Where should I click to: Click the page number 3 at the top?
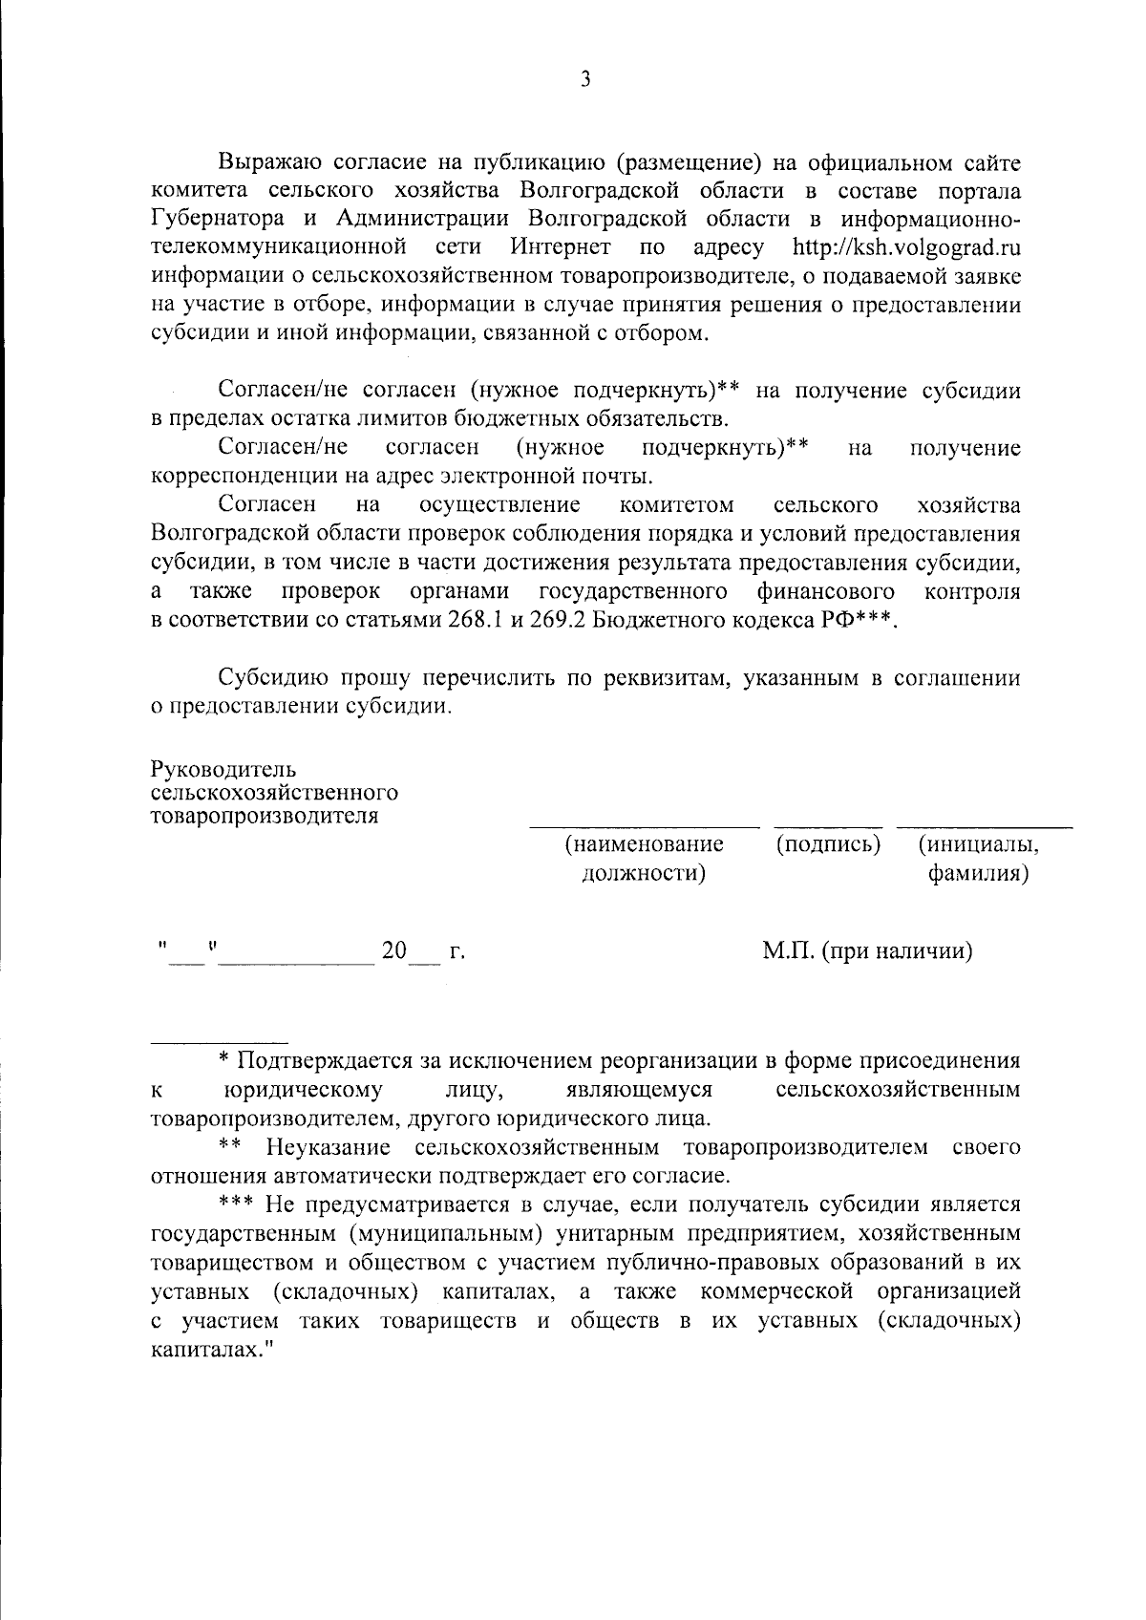585,80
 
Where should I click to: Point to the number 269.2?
558,620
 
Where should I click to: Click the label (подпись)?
828,844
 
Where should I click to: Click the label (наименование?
645,844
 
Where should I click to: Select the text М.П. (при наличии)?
867,950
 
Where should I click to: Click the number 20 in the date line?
393,951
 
